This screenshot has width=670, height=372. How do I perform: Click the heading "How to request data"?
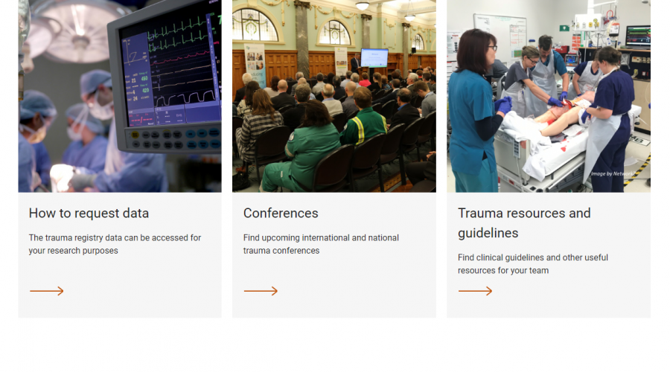pos(89,213)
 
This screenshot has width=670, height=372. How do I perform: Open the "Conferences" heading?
pos(281,213)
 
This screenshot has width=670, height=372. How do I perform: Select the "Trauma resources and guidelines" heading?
pos(524,223)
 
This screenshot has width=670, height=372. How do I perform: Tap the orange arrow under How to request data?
pos(47,291)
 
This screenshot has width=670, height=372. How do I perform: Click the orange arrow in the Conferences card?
pos(261,291)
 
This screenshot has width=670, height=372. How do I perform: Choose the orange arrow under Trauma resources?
pos(475,291)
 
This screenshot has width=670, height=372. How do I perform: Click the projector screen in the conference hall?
pos(374,57)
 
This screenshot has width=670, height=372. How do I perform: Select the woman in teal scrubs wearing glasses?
pos(476,111)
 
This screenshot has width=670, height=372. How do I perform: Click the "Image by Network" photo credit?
pos(613,174)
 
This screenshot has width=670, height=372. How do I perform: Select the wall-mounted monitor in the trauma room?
pos(638,36)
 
